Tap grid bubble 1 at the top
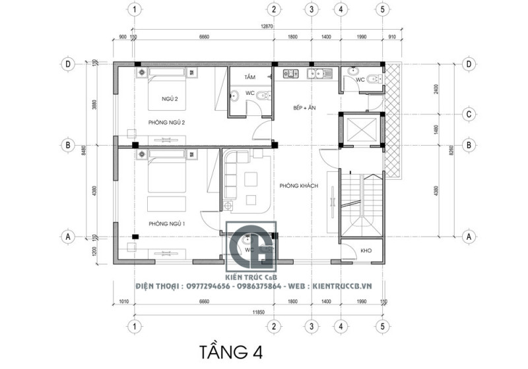(135, 9)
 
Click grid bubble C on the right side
(469, 113)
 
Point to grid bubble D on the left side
(67, 64)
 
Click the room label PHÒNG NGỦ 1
(166, 224)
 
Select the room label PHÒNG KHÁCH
(299, 186)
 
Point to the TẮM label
(249, 77)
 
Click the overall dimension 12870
(267, 26)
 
